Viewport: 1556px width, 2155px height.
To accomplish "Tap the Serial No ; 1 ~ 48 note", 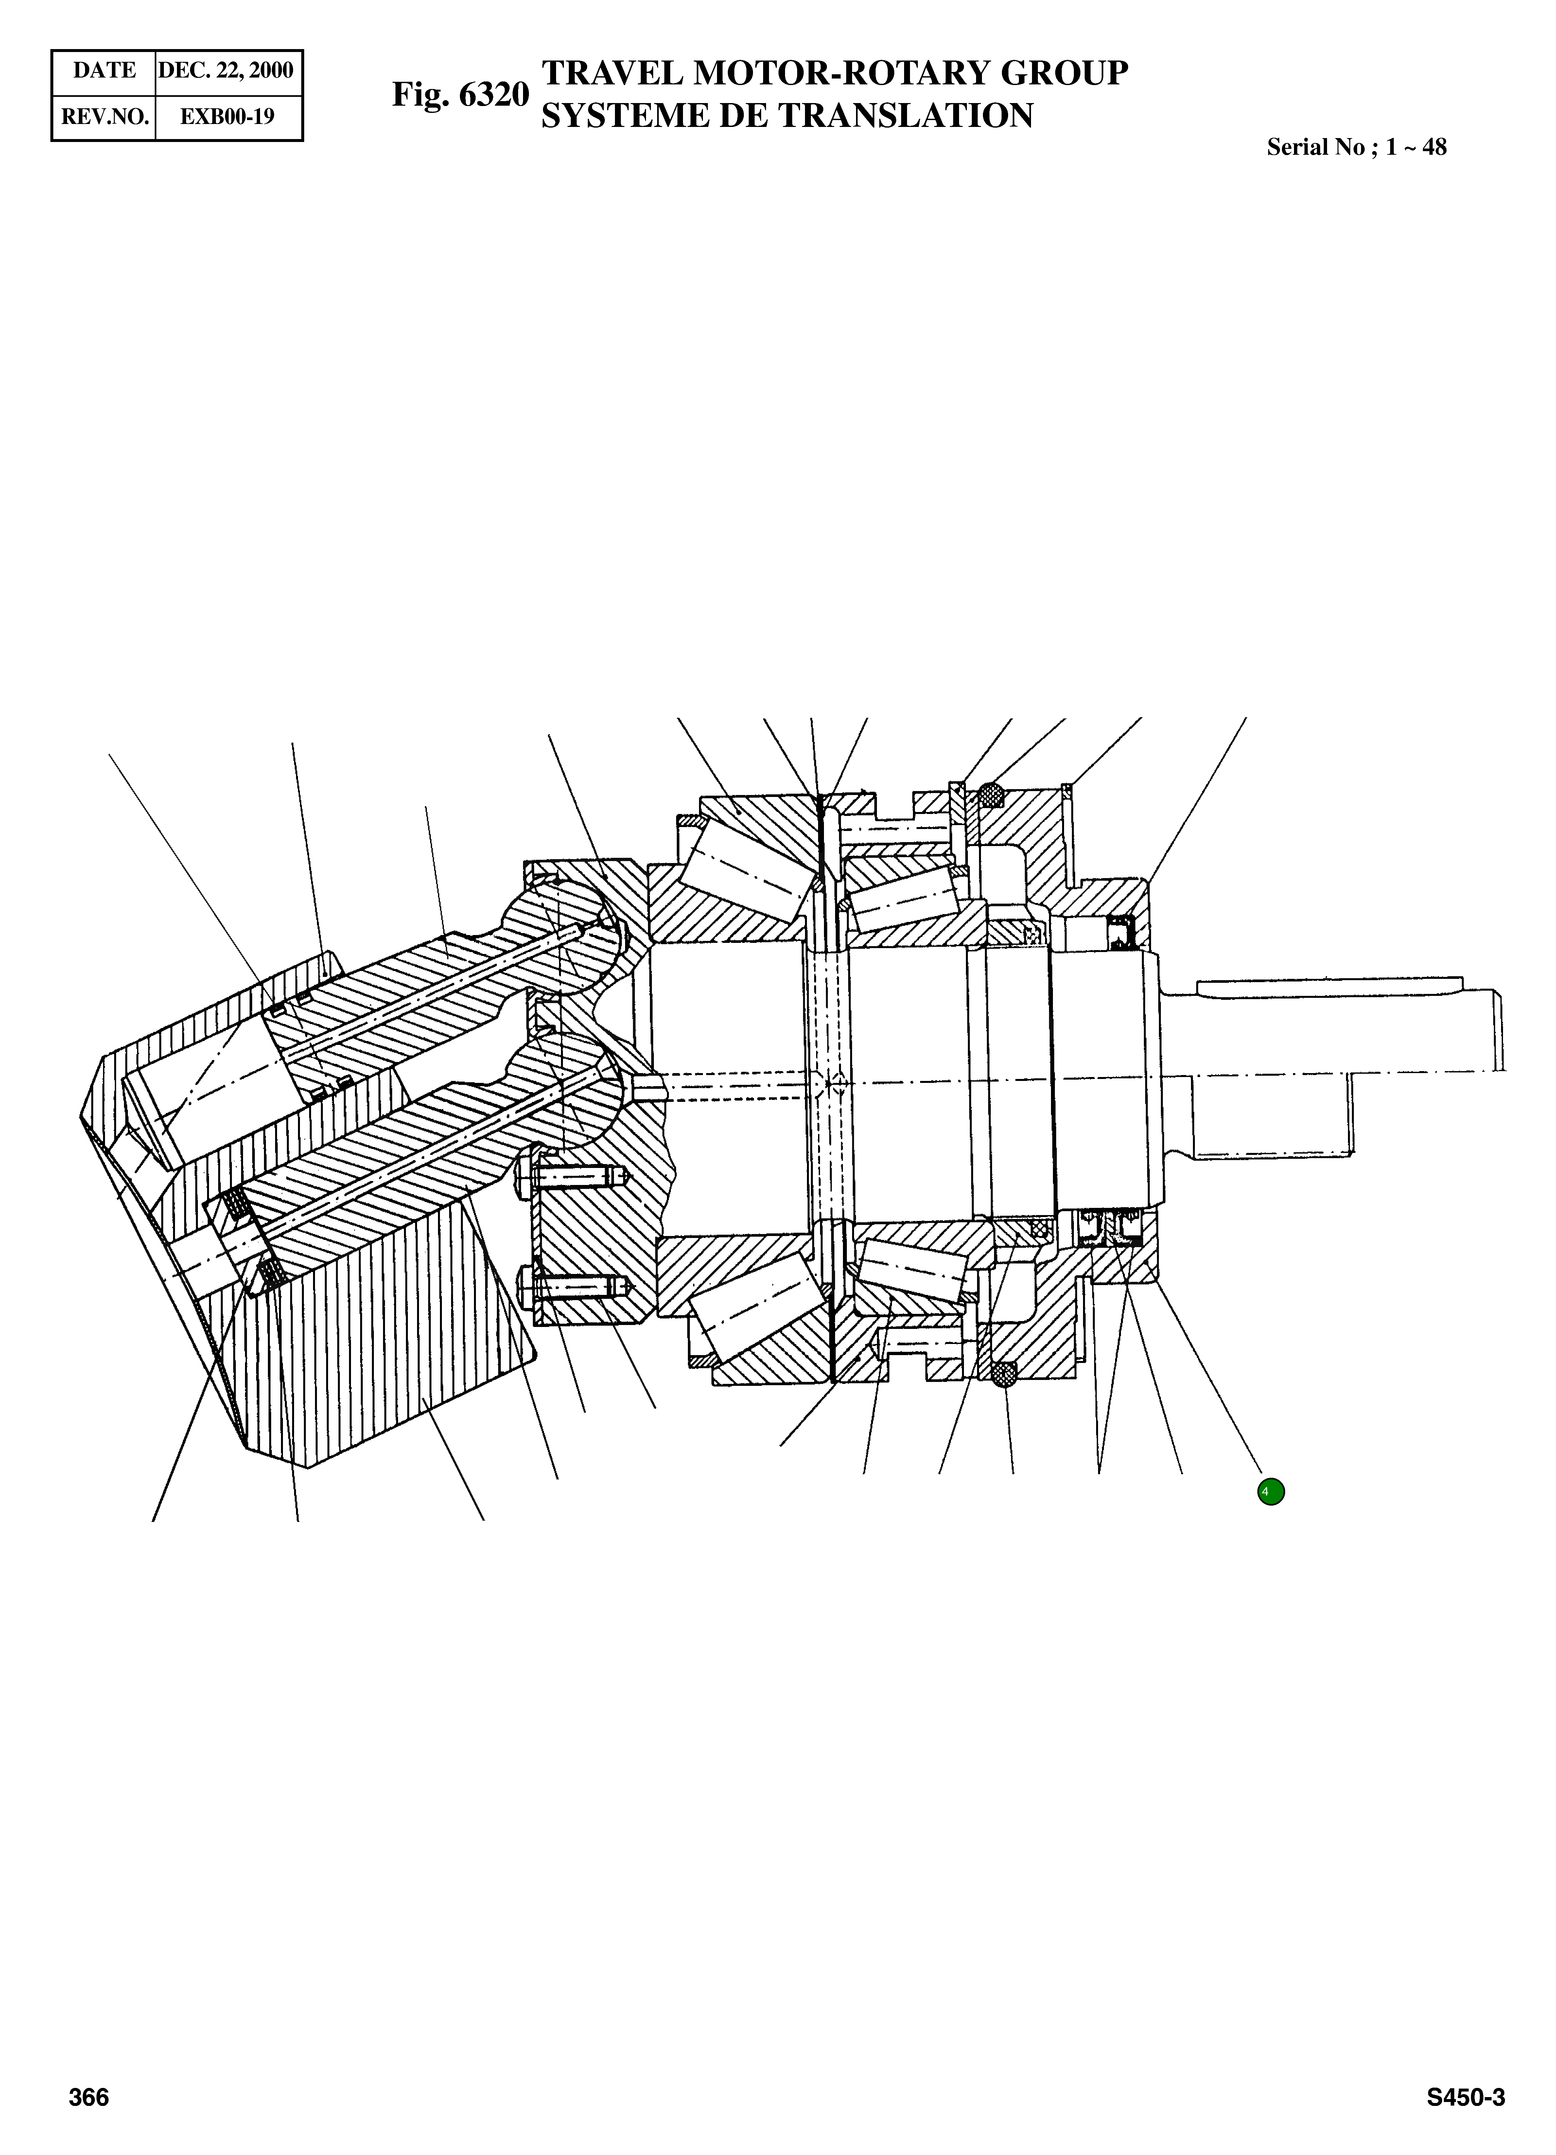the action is coord(1356,147).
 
